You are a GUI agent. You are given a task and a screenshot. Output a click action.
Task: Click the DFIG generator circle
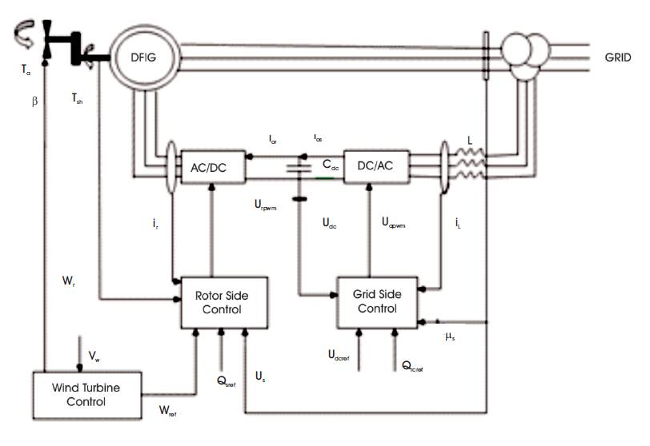coord(144,58)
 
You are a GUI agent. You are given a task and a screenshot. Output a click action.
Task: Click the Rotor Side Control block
coord(214,302)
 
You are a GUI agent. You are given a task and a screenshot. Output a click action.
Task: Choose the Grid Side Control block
coord(375,301)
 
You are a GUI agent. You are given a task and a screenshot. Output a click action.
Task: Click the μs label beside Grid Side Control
coord(452,336)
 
